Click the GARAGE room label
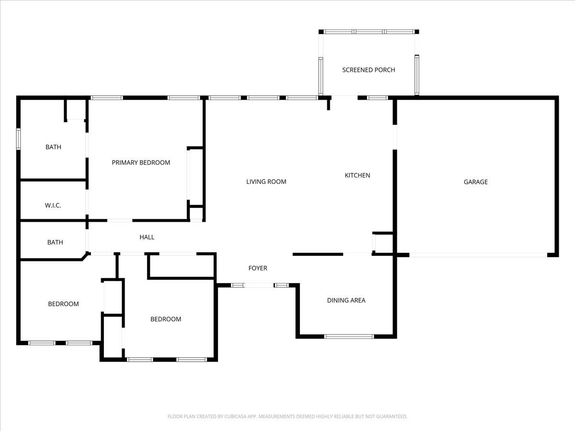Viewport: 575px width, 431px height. point(475,182)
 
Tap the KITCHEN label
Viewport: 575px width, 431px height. point(357,175)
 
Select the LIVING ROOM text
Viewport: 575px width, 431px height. point(266,182)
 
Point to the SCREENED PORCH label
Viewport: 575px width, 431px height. point(368,70)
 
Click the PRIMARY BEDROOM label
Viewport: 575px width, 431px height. point(141,163)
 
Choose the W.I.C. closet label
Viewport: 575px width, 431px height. point(53,205)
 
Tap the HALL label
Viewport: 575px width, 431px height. point(147,237)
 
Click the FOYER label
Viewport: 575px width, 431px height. point(257,268)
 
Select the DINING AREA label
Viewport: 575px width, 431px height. point(346,300)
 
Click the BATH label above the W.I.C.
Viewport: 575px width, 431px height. point(53,147)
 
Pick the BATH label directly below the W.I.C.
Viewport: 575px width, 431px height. point(55,242)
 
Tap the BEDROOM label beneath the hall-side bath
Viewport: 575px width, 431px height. point(63,304)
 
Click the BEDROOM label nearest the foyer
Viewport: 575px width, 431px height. point(166,319)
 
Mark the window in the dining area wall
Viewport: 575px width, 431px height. point(349,336)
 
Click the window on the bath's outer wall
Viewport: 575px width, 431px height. point(19,139)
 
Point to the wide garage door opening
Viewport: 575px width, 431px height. point(478,255)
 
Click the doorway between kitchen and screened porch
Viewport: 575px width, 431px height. point(345,98)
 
